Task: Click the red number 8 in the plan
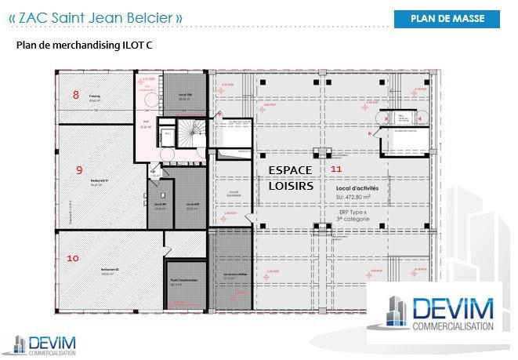click(76, 95)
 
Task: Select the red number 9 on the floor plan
click(79, 169)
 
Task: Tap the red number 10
click(73, 257)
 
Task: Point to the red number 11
click(336, 169)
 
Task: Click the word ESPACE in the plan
click(290, 170)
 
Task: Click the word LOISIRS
click(291, 187)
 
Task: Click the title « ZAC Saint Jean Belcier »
click(96, 16)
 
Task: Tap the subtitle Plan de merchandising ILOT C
click(85, 45)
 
